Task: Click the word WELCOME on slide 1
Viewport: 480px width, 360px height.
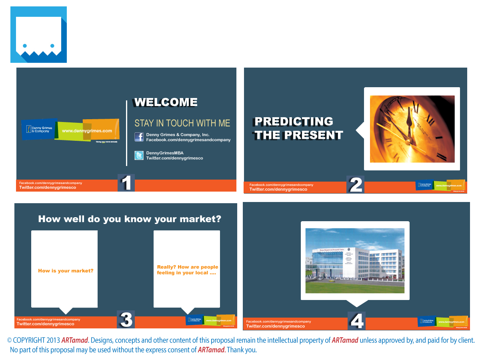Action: coord(166,102)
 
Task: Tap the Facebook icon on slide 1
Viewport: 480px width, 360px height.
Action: coord(139,137)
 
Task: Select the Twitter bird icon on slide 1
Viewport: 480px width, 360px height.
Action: coord(139,156)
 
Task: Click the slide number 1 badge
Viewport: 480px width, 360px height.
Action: coord(126,183)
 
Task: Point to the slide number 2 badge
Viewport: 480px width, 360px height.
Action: coord(356,185)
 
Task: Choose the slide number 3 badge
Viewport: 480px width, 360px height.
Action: coord(126,320)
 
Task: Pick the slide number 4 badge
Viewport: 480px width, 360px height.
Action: coord(356,321)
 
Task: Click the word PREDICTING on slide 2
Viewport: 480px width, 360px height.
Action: coord(294,122)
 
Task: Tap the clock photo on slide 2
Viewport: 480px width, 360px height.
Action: coord(412,129)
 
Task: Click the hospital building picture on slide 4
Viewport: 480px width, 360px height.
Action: coord(355,260)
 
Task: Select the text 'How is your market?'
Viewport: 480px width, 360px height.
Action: coord(66,271)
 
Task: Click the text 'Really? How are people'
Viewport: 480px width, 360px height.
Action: coord(188,267)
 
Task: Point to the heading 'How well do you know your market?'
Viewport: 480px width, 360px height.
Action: coord(130,219)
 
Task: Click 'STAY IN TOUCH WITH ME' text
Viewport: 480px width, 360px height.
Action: coord(182,123)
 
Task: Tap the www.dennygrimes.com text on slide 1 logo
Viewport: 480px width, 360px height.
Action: coord(87,131)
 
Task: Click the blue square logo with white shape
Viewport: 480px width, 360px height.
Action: coord(38,35)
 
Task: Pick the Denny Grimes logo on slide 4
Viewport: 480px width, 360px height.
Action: coord(442,321)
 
